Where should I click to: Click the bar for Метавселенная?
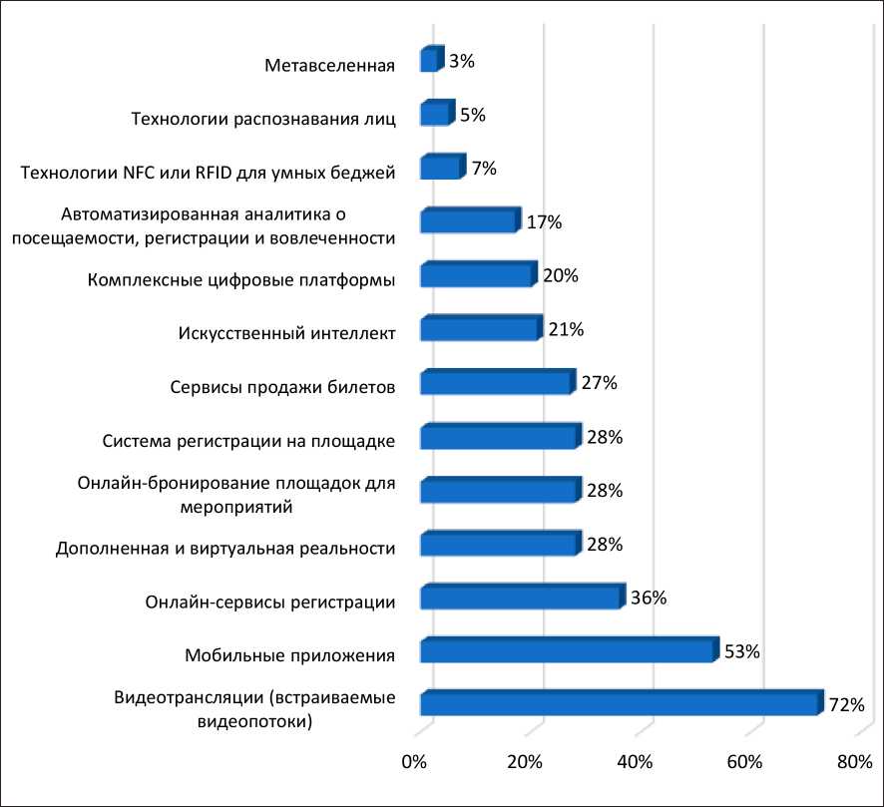coord(430,61)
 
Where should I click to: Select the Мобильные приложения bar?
coord(568,651)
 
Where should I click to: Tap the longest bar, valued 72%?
coord(621,703)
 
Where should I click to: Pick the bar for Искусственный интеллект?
coord(480,329)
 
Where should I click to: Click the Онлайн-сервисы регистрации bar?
coord(520,598)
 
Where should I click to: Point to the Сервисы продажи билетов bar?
coord(496,383)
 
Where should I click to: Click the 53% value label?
coord(741,652)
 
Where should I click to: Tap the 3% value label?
coord(461,61)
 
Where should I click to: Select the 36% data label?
coord(648,599)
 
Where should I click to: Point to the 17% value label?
coord(544,222)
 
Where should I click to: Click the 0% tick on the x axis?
coord(414,763)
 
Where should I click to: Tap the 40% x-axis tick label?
coord(636,763)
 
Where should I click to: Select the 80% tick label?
coord(855,763)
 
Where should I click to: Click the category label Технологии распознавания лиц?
coord(264,120)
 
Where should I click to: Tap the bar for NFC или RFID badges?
coord(441,168)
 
